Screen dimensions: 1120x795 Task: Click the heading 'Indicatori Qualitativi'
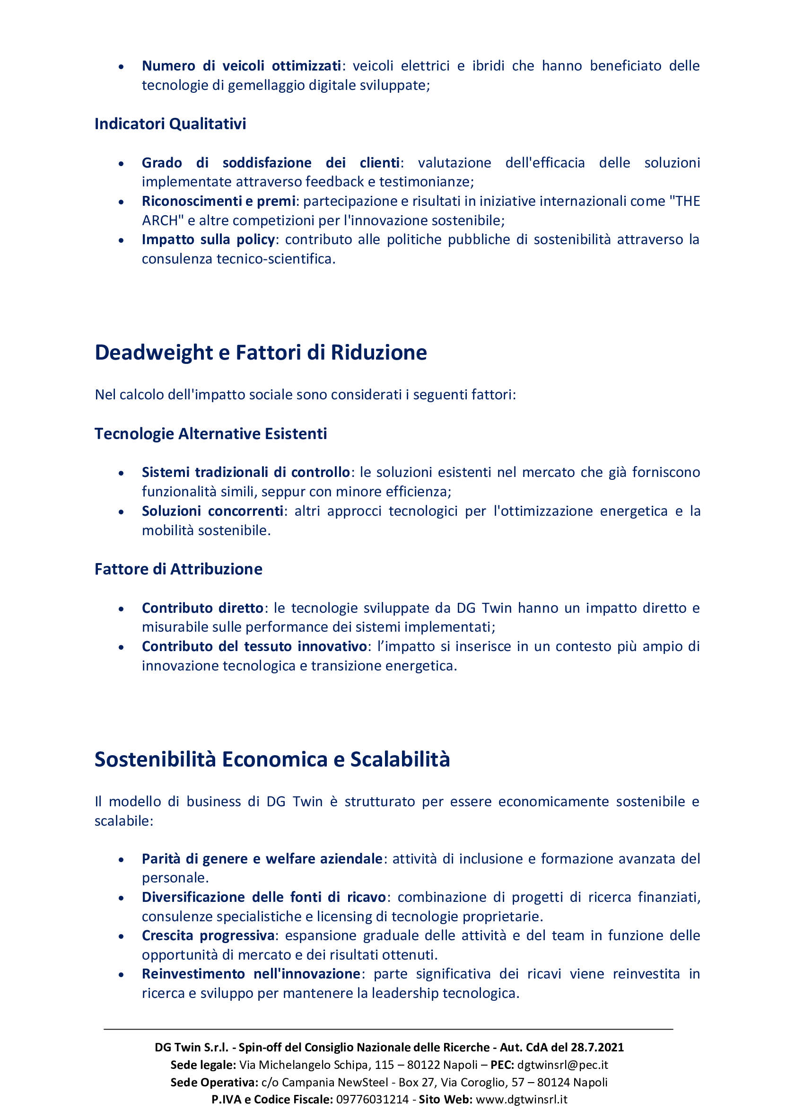click(x=170, y=124)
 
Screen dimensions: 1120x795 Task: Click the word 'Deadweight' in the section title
click(x=154, y=353)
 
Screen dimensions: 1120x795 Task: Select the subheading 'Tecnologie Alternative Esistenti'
click(x=210, y=434)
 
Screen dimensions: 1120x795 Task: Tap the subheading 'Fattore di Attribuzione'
click(x=178, y=569)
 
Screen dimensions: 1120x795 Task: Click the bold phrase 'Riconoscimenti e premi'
click(x=218, y=201)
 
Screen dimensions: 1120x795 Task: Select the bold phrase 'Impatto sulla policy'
click(x=208, y=239)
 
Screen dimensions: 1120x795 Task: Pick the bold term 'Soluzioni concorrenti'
click(x=212, y=511)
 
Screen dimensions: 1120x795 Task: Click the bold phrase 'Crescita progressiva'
click(x=208, y=935)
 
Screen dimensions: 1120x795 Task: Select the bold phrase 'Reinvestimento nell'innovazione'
click(x=251, y=974)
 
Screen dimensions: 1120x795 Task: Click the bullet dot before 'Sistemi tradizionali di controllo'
click(x=121, y=473)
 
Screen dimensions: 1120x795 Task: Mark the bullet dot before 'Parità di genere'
click(x=121, y=859)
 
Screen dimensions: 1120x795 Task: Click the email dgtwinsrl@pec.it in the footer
click(x=562, y=1065)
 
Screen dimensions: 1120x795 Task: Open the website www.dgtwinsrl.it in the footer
click(x=521, y=1100)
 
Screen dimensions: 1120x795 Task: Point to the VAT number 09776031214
click(x=372, y=1100)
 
